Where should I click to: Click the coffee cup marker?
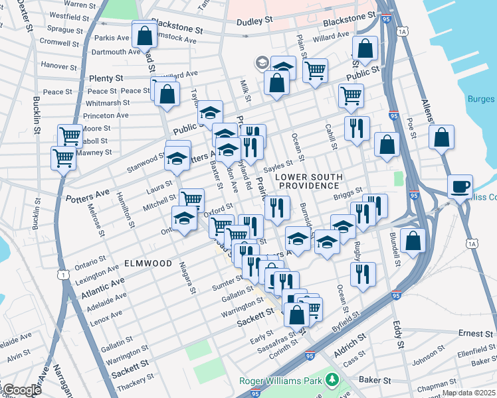pyautogui.click(x=460, y=186)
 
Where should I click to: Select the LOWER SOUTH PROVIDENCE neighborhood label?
pyautogui.click(x=310, y=181)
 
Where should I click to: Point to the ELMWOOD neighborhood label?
pyautogui.click(x=148, y=263)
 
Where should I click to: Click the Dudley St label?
pyautogui.click(x=255, y=21)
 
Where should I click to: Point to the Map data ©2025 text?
pyautogui.click(x=468, y=392)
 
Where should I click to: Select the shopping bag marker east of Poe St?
pyautogui.click(x=441, y=138)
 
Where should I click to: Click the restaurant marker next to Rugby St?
pyautogui.click(x=362, y=274)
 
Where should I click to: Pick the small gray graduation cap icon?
pyautogui.click(x=262, y=63)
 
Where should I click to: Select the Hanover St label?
pyautogui.click(x=58, y=66)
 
